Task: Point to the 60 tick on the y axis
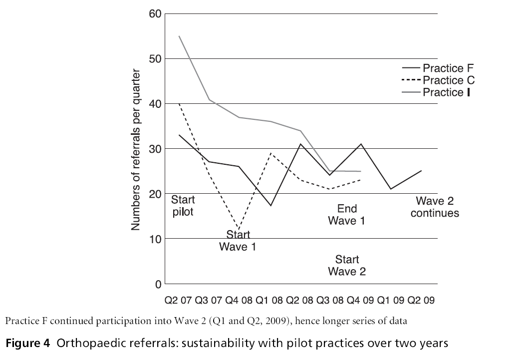pos(155,13)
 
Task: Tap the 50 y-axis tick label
pos(155,58)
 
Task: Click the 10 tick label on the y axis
pos(155,239)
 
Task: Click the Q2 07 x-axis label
pos(179,301)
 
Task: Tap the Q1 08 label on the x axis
pos(269,301)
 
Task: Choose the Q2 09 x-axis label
pos(421,301)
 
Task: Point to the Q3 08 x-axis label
pos(330,301)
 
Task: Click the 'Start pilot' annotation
pos(183,205)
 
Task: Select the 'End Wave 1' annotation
pos(346,215)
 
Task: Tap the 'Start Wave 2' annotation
pos(347,265)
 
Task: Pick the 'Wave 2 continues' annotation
pos(437,207)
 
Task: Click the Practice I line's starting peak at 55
pos(179,36)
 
